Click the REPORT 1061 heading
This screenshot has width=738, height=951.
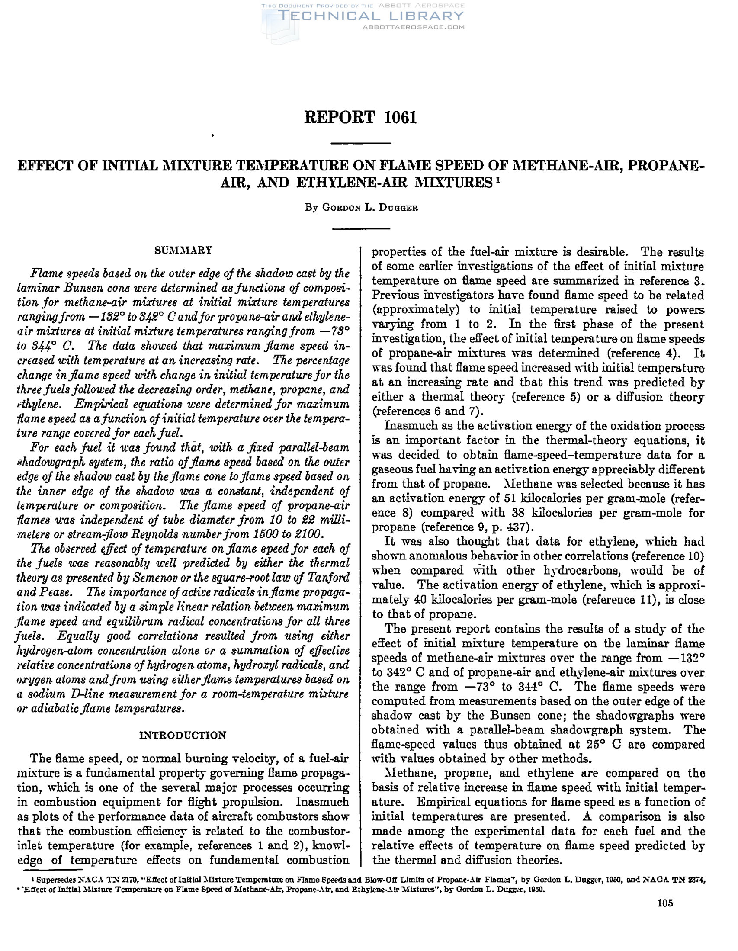click(x=360, y=118)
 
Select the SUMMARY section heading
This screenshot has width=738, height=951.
click(x=183, y=251)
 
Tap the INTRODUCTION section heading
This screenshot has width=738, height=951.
click(x=183, y=736)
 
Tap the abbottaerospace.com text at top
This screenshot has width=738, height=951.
click(x=414, y=27)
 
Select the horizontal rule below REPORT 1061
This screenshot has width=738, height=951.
click(x=361, y=143)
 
